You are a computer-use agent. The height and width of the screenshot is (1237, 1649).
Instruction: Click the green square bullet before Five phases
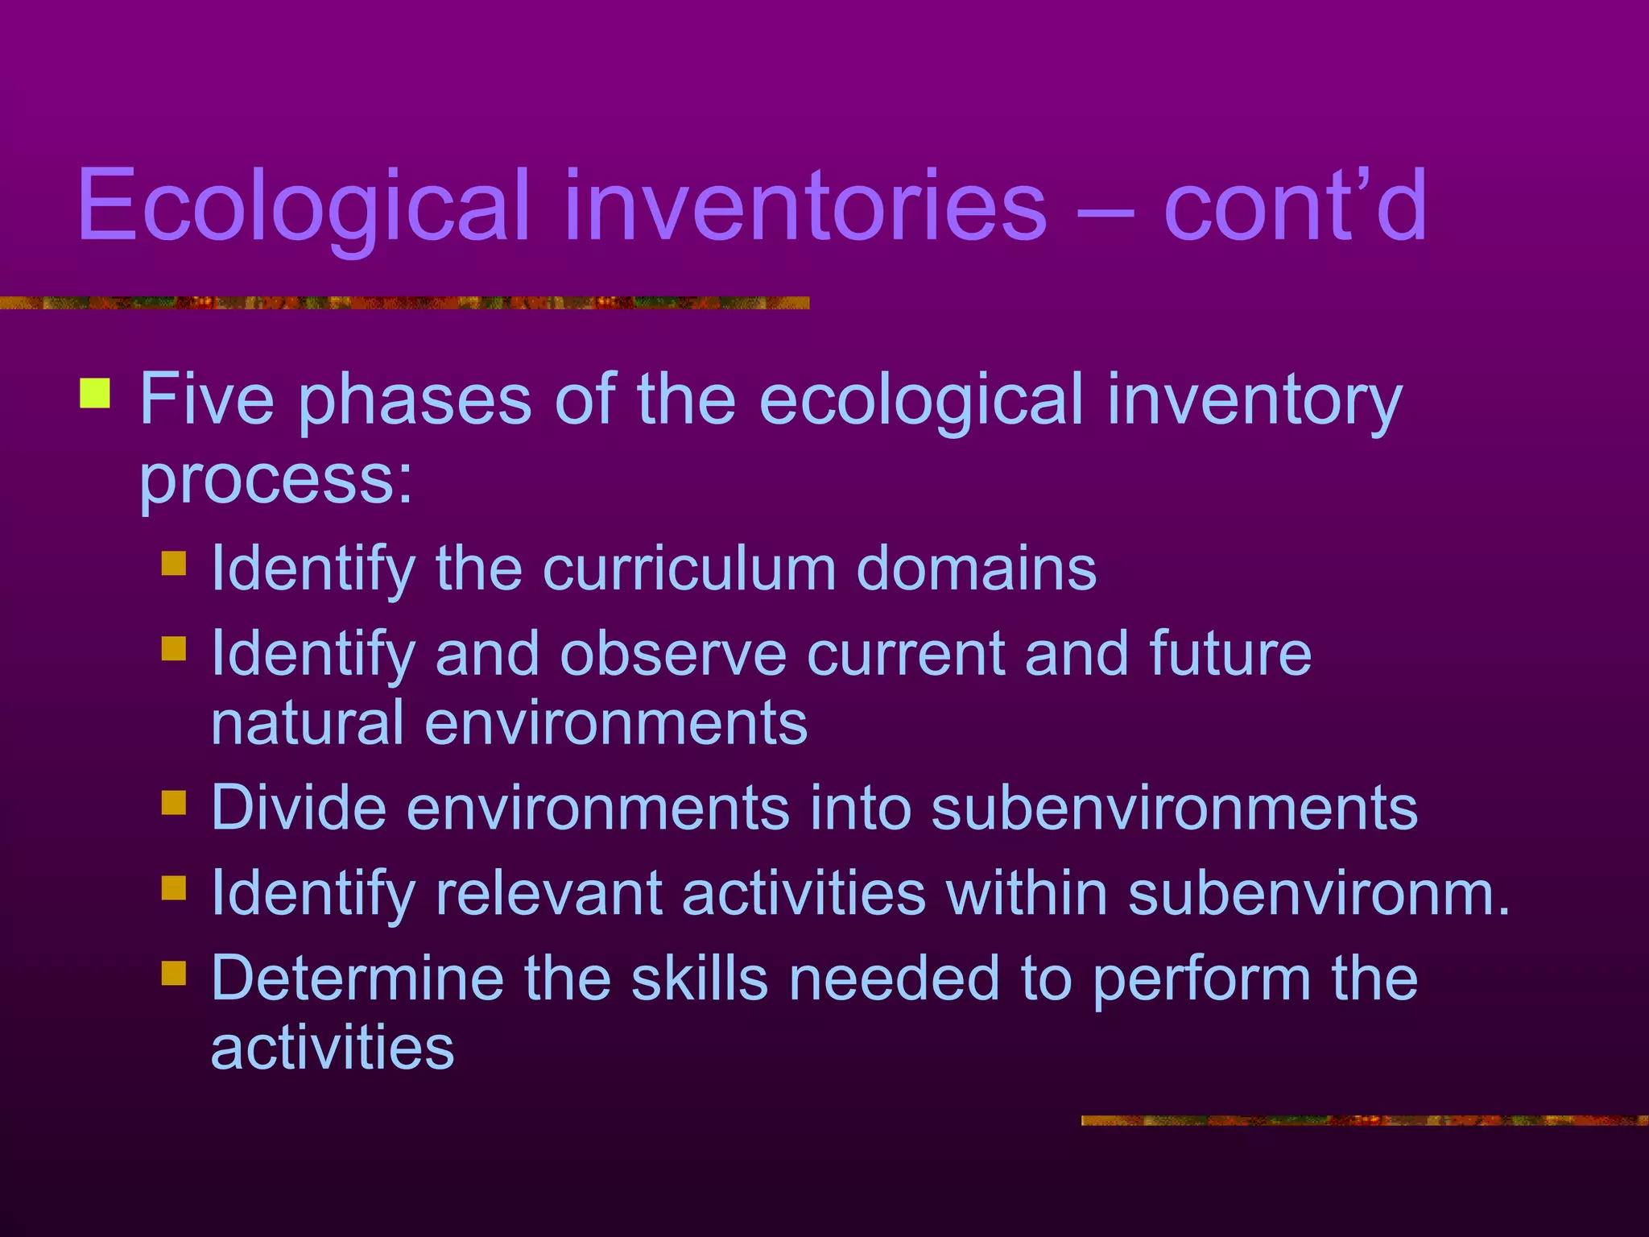[95, 393]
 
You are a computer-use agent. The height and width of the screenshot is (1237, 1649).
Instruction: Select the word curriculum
[689, 569]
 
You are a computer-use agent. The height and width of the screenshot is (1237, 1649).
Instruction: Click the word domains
[976, 569]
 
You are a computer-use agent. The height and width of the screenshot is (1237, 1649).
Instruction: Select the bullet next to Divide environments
[173, 803]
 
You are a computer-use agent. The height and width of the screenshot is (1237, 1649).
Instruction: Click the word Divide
[299, 808]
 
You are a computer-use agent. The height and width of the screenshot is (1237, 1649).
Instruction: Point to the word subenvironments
[1174, 808]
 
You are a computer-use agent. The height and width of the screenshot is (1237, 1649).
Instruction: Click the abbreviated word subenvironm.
[1319, 893]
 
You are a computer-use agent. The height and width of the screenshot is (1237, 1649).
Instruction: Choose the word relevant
[549, 893]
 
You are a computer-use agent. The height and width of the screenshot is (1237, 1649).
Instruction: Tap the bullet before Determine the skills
[173, 973]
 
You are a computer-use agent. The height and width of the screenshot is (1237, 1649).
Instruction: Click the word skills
[699, 978]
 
